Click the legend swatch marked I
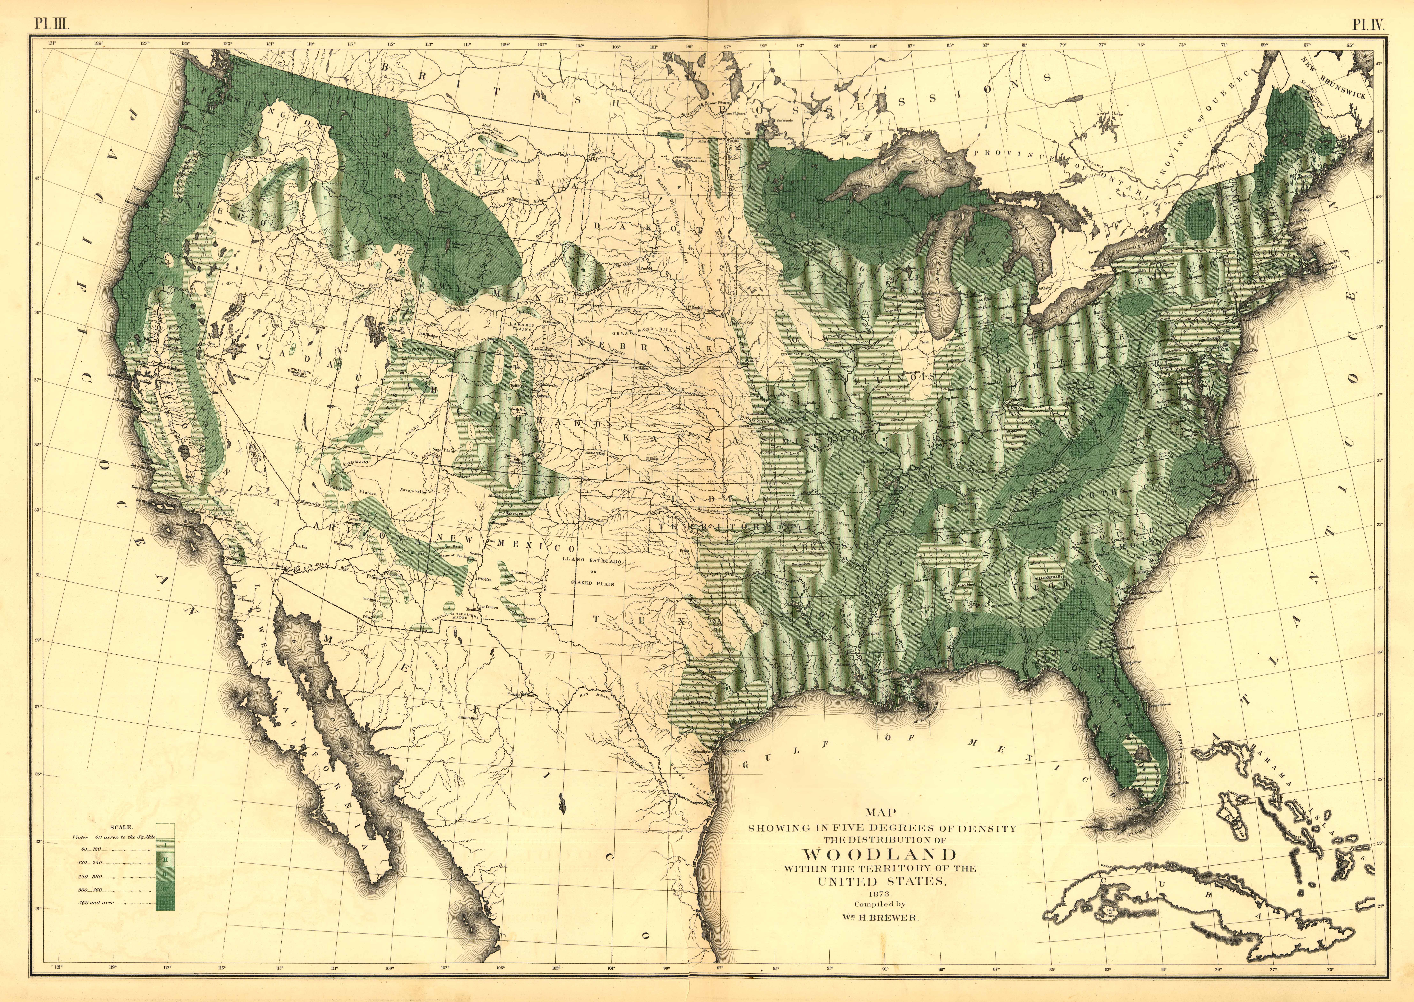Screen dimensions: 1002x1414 [165, 842]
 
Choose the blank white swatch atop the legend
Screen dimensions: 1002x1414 [165, 829]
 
